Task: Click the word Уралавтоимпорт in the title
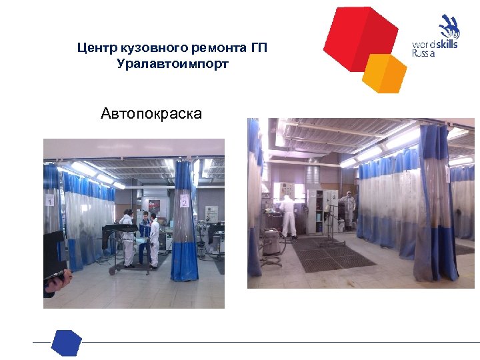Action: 172,64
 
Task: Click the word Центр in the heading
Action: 95,48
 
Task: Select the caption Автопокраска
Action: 151,113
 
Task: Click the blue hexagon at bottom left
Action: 67,343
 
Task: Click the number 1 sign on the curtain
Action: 49,200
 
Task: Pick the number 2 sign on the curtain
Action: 183,200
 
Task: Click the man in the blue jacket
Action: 142,237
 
